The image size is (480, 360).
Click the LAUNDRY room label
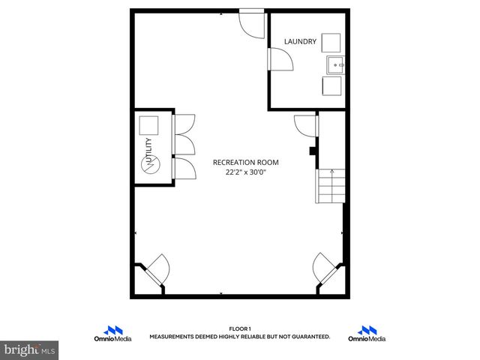click(x=299, y=41)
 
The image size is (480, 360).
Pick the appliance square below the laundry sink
click(x=331, y=86)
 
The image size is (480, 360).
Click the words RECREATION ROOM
click(x=245, y=162)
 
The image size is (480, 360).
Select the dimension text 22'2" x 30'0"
click(x=245, y=172)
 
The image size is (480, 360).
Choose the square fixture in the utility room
click(x=148, y=124)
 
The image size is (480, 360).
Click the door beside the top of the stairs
click(x=305, y=124)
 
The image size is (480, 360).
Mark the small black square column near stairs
click(x=312, y=150)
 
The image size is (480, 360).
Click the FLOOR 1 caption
click(x=239, y=328)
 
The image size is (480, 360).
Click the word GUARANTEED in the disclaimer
click(x=310, y=337)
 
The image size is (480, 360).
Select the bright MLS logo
click(x=30, y=350)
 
